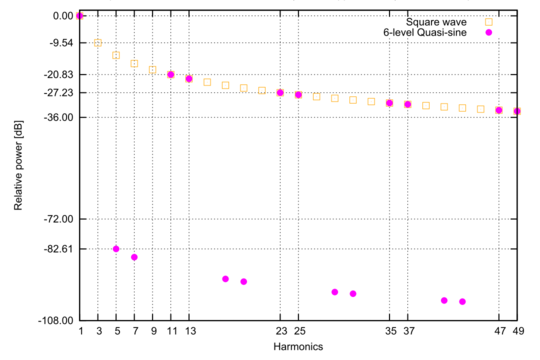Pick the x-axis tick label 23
coord(280,331)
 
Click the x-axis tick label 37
coord(408,331)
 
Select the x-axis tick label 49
coord(517,331)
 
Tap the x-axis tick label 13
coord(189,331)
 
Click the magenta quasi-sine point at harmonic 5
coord(116,249)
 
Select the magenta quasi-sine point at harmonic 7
coord(134,257)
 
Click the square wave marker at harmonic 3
coord(98,43)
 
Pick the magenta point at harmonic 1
coord(80,16)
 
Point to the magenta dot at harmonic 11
coord(171,75)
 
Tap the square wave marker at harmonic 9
coord(153,70)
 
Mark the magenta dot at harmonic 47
coord(499,110)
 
